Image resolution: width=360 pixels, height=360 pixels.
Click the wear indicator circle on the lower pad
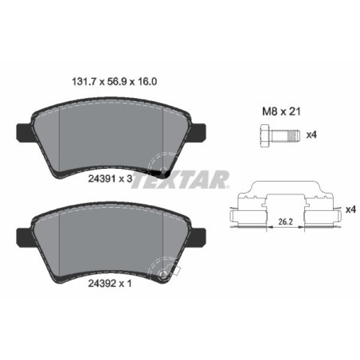(x=165, y=275)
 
